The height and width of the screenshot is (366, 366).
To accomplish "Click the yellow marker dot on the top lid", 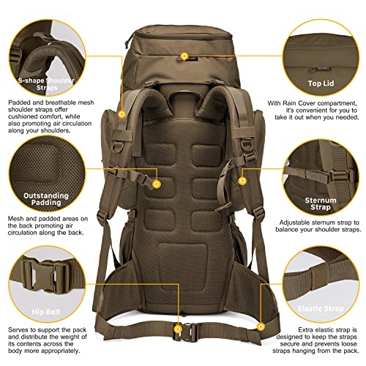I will (x=184, y=56).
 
